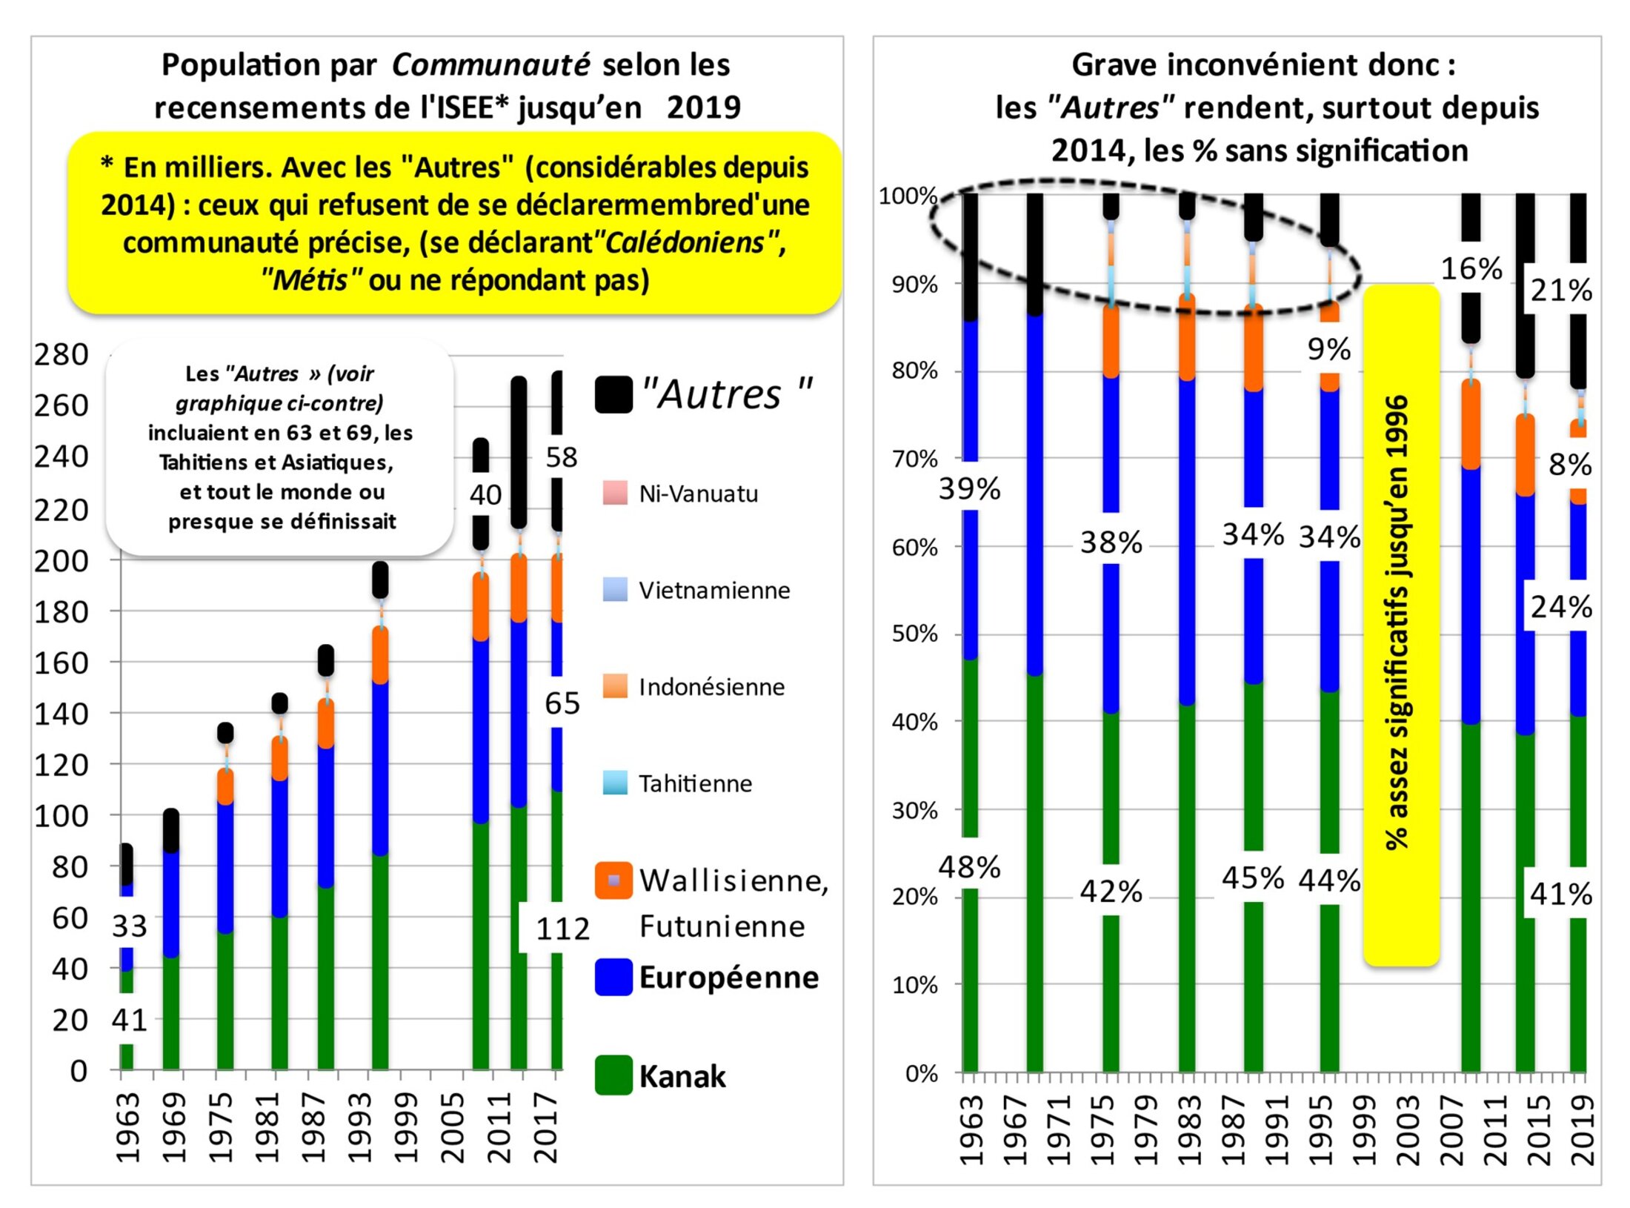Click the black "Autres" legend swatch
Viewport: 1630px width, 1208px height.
pos(613,394)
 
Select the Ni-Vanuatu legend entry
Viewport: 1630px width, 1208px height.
pos(698,494)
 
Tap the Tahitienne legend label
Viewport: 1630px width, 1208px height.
pos(695,783)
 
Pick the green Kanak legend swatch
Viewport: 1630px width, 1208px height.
pos(613,1075)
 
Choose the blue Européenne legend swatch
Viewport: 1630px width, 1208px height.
pos(613,977)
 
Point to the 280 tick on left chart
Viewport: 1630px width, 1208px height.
pos(61,354)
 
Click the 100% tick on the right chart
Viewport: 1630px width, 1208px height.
pos(908,196)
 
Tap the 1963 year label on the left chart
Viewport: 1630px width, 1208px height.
pos(128,1127)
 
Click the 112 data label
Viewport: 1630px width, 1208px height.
pos(562,929)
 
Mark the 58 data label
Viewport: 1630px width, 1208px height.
pos(561,457)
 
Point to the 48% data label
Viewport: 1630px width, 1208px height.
pos(969,866)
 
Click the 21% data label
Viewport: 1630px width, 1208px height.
pos(1561,291)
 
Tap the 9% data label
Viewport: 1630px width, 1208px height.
pos(1328,349)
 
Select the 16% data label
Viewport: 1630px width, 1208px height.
pos(1471,268)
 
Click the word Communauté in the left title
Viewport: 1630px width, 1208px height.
pos(490,65)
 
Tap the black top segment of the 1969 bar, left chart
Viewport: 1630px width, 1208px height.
pos(171,830)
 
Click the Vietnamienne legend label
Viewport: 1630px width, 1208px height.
pos(714,591)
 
